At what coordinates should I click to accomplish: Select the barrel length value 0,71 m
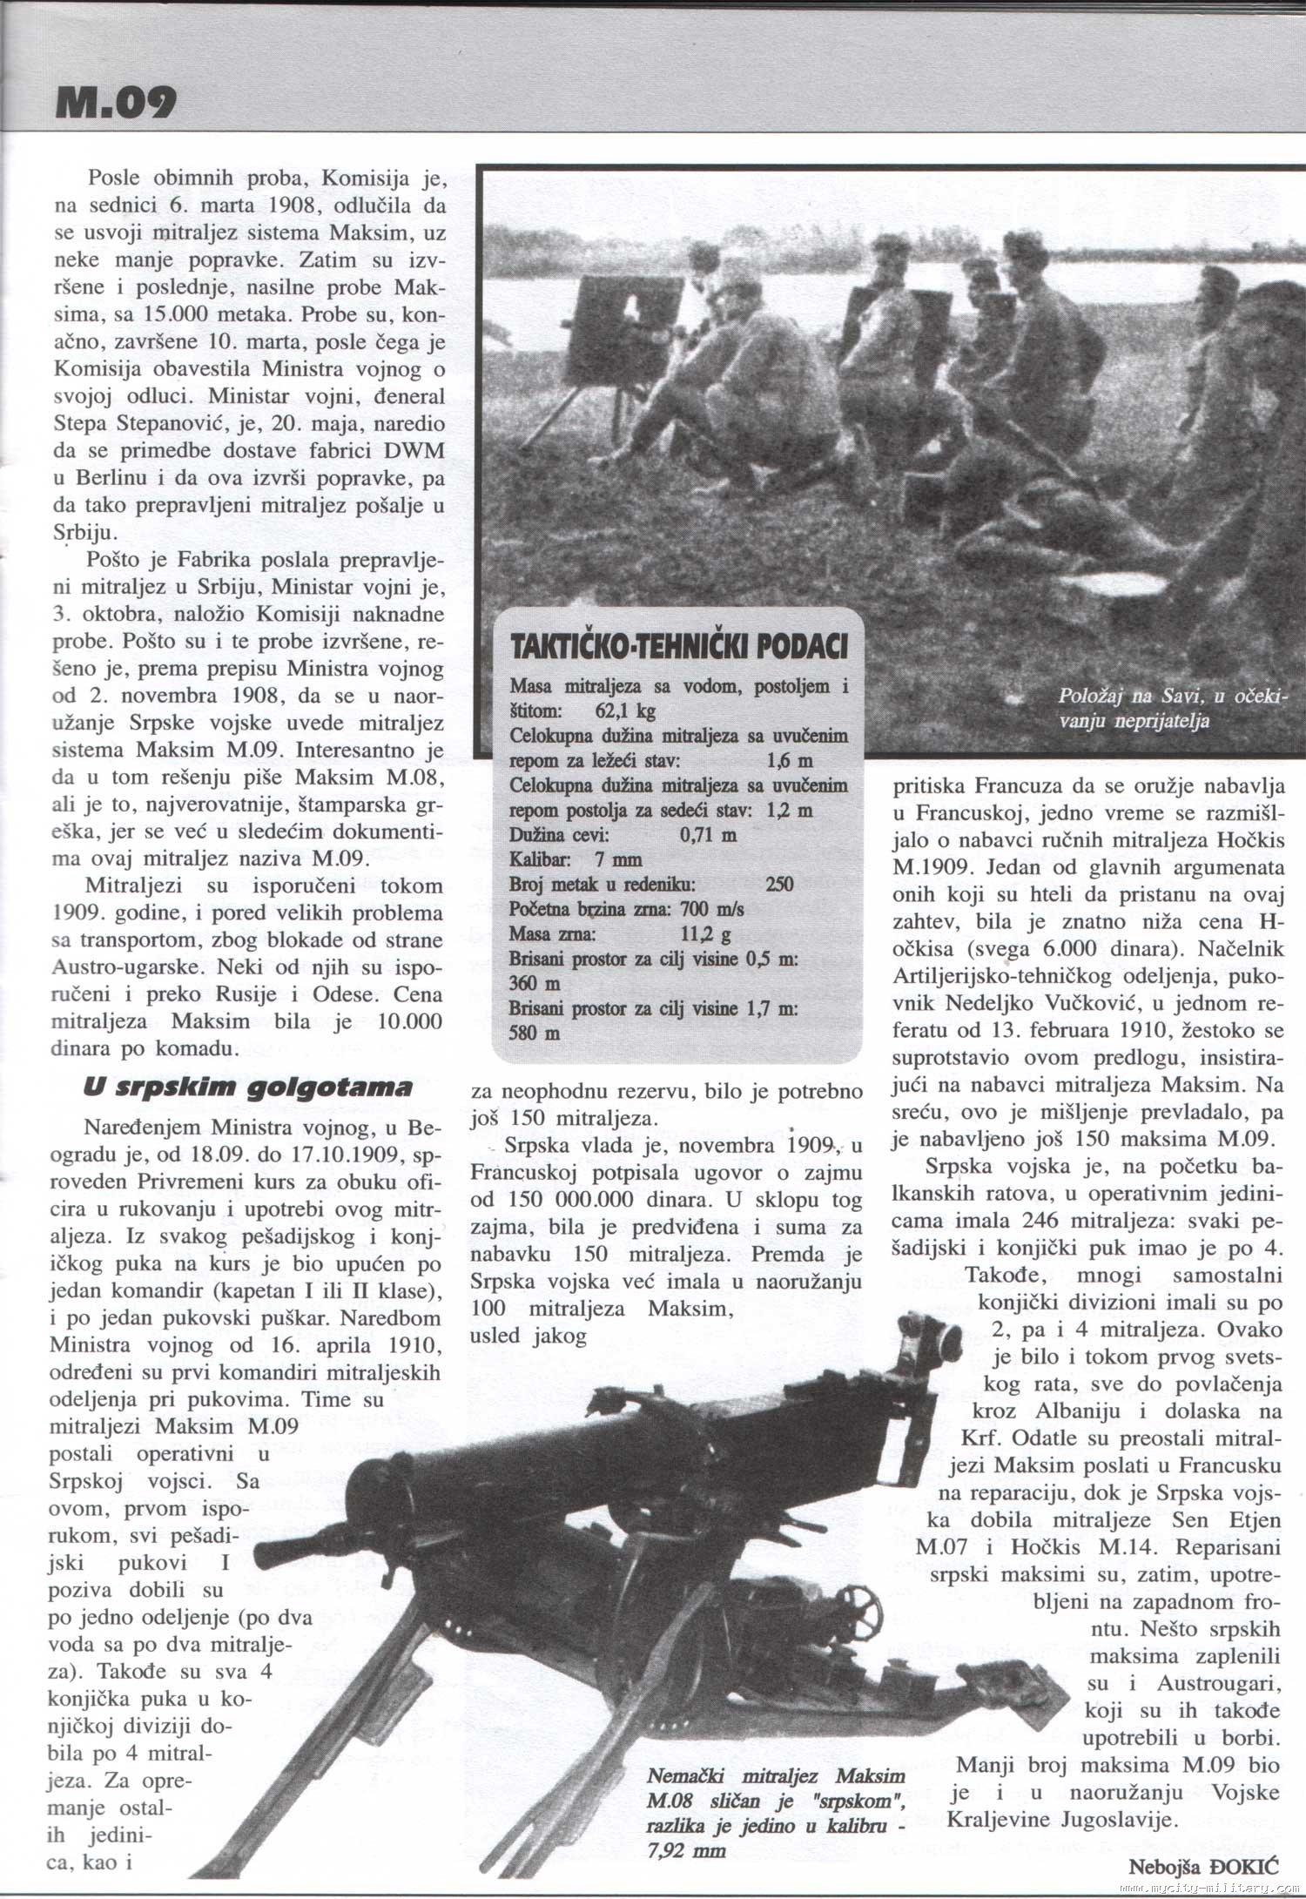707,834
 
